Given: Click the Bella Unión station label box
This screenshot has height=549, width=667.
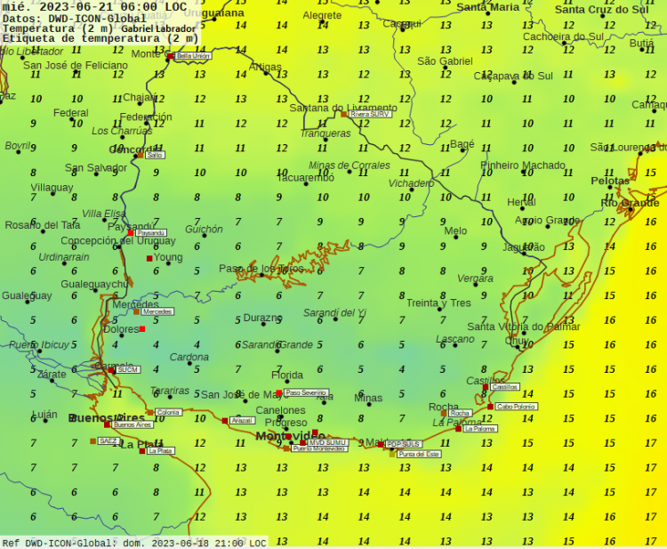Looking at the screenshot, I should pyautogui.click(x=193, y=55).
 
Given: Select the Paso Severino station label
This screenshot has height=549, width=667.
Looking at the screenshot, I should pyautogui.click(x=306, y=392).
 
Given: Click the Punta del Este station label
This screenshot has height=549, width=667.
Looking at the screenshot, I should pyautogui.click(x=419, y=454).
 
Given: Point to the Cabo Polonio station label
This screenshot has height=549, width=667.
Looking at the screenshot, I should pyautogui.click(x=517, y=407).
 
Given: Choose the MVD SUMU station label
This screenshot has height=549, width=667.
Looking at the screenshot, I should pyautogui.click(x=327, y=442).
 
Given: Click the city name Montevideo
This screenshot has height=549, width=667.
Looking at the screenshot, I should pyautogui.click(x=291, y=435).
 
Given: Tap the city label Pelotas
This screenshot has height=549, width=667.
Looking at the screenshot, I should pyautogui.click(x=610, y=181).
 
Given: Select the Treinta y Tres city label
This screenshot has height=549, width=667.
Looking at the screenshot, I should pyautogui.click(x=438, y=303).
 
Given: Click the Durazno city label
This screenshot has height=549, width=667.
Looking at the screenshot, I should pyautogui.click(x=262, y=317).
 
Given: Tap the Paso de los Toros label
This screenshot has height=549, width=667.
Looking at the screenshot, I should pyautogui.click(x=261, y=268).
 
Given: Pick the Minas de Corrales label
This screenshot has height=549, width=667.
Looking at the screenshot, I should pyautogui.click(x=349, y=165).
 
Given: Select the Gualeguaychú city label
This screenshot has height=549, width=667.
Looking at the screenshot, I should pyautogui.click(x=94, y=284).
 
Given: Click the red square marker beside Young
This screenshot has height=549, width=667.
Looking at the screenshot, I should pyautogui.click(x=149, y=258).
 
